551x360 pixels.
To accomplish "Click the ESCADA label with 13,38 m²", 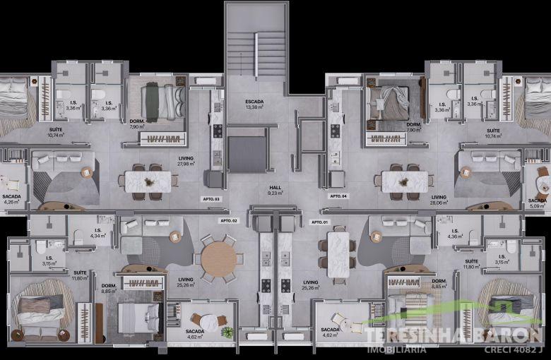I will point(254,104).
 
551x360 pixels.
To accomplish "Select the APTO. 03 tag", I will point(211,199).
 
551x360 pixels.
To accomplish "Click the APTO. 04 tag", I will point(339,196).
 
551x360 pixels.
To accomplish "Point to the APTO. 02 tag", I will point(228,220).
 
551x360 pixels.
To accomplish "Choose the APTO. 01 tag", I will point(320,222).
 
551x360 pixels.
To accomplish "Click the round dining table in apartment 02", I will point(220,259).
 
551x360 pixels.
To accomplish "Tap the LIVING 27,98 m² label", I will point(186,161).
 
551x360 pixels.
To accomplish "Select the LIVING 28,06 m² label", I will point(439,200).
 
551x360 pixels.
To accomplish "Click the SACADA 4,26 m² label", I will point(11,199).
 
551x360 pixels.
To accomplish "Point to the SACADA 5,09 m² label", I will point(538,203).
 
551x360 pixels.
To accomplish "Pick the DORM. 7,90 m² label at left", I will point(137,124).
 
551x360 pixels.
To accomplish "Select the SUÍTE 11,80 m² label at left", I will point(80,275).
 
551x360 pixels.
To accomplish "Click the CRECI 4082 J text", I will point(513,349).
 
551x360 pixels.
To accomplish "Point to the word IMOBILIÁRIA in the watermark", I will point(396,349).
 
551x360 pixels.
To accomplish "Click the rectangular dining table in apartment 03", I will point(148,181).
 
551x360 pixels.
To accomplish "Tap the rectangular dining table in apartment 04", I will point(404,181).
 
